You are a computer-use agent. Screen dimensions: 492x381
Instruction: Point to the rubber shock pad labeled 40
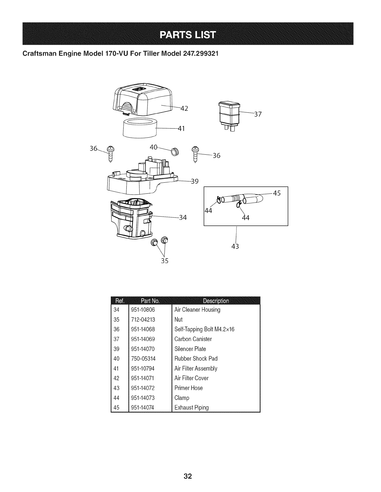175,152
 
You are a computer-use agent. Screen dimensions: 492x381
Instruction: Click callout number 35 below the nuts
164,261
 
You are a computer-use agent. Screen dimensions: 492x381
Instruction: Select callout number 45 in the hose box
277,193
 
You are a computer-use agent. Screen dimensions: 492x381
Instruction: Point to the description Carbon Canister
193,339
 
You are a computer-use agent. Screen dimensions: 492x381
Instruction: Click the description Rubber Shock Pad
196,358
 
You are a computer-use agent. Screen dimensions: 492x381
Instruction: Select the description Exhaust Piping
191,408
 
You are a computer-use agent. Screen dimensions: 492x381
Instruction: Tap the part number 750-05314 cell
143,358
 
